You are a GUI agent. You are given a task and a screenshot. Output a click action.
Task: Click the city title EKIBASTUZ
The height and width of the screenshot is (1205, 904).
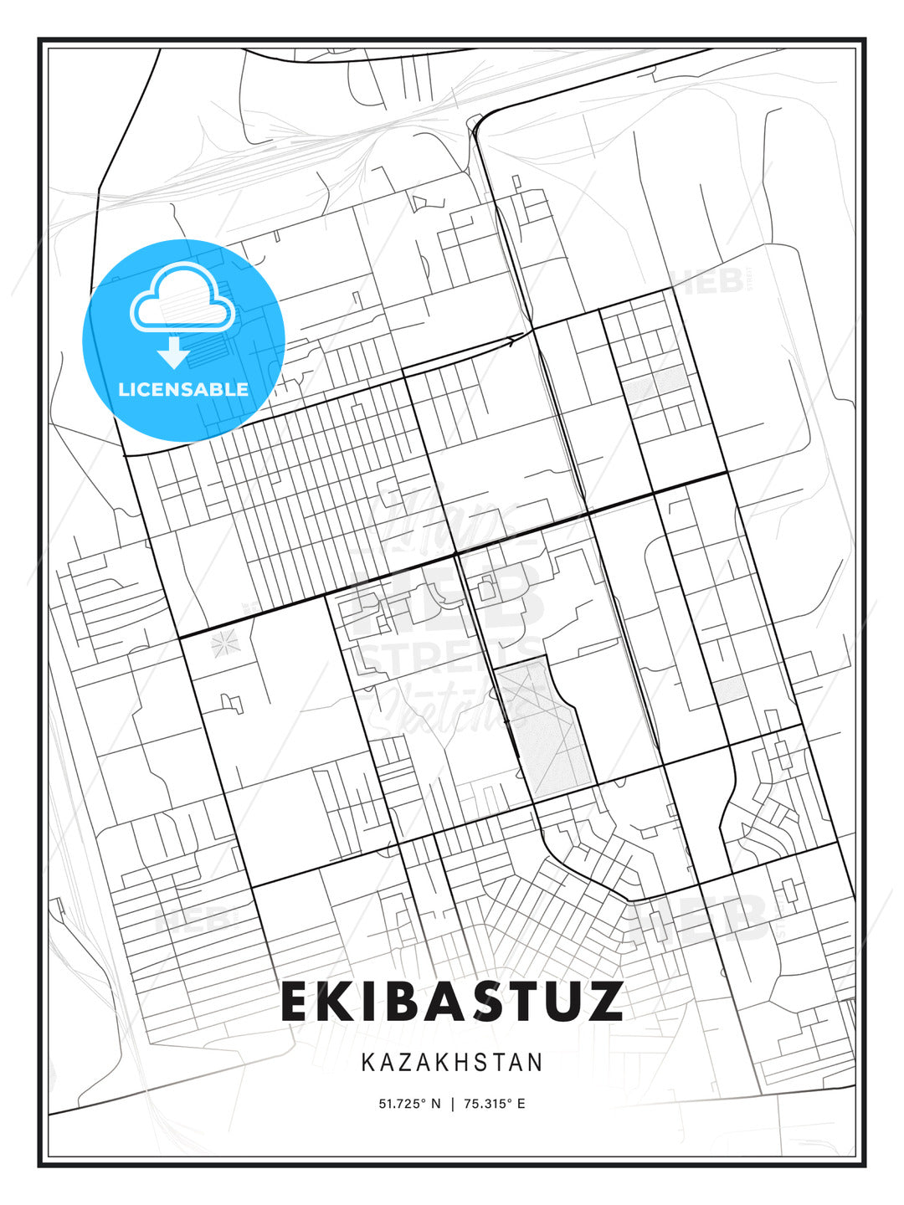pyautogui.click(x=452, y=1002)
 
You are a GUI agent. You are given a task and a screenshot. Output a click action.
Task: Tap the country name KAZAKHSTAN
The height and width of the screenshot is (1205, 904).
pyautogui.click(x=452, y=1063)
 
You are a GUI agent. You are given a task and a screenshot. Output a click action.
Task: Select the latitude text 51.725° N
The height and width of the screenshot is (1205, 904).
pyautogui.click(x=409, y=1104)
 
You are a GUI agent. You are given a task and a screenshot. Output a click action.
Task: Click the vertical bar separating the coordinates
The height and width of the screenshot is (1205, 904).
pyautogui.click(x=452, y=1104)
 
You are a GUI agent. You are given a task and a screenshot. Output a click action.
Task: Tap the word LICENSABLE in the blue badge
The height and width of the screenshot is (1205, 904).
pyautogui.click(x=183, y=389)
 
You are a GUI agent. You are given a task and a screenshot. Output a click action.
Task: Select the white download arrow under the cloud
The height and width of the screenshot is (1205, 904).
pyautogui.click(x=174, y=352)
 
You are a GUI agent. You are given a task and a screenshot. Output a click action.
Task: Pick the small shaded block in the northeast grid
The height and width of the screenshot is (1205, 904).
pyautogui.click(x=657, y=381)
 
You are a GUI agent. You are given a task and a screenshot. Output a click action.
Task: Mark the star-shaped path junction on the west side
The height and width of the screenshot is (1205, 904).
pyautogui.click(x=224, y=643)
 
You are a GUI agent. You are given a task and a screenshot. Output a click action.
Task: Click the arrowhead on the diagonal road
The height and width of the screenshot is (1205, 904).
pyautogui.click(x=513, y=340)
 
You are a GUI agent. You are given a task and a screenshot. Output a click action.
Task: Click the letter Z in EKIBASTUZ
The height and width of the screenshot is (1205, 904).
pyautogui.click(x=598, y=1002)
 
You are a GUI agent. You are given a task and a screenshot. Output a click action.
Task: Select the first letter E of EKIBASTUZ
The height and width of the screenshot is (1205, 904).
pyautogui.click(x=300, y=1002)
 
